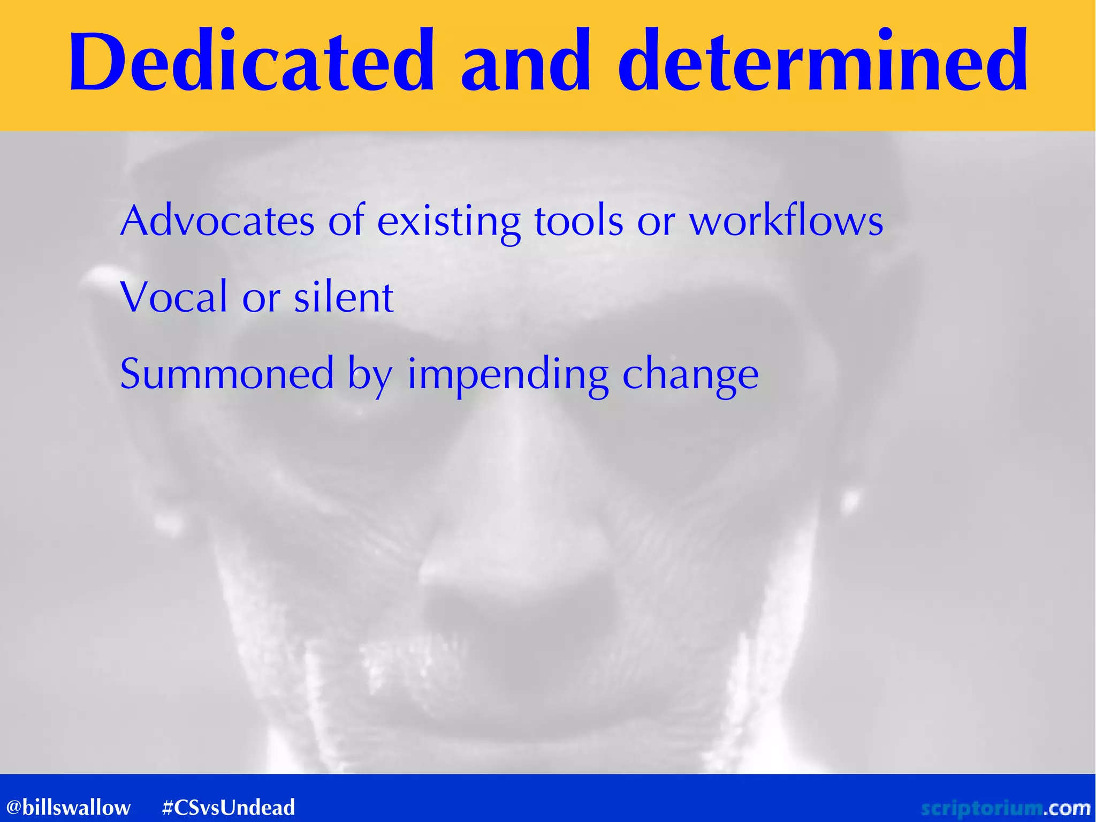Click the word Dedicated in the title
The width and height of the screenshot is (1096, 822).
[252, 62]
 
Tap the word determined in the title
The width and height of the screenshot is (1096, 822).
[823, 62]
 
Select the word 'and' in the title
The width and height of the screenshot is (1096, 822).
[526, 62]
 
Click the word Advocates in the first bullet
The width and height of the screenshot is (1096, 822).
[217, 221]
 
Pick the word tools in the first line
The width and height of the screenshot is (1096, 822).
[579, 221]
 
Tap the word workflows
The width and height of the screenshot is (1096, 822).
[786, 221]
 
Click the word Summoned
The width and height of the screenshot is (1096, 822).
[227, 374]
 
